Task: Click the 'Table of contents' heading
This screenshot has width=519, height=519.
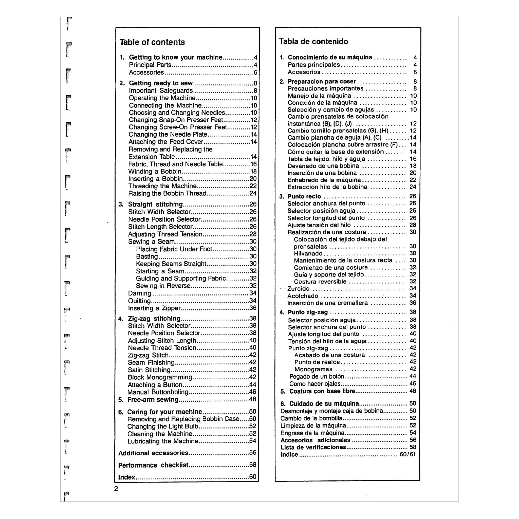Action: (152, 42)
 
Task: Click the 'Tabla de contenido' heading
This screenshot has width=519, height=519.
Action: (313, 41)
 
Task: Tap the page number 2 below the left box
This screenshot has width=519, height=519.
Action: (116, 489)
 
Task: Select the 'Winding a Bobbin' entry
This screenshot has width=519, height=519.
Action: (155, 171)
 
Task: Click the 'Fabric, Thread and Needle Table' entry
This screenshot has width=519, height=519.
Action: (175, 164)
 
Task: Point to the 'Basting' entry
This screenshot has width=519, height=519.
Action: (147, 256)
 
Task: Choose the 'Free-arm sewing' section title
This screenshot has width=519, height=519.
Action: (153, 399)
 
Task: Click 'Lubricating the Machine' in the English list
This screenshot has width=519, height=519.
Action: (162, 441)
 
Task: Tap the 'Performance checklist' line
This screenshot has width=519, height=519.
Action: (153, 465)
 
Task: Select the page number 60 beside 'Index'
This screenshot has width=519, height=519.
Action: (252, 477)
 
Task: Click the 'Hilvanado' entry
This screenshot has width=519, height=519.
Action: (308, 254)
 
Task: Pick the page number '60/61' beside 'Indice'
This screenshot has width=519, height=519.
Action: (407, 455)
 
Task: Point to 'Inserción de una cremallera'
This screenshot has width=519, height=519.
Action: (327, 303)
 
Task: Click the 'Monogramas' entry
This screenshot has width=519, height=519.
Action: (313, 369)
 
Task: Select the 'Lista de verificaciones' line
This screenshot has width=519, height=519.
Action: (313, 447)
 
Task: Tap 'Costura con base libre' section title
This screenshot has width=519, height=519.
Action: (322, 391)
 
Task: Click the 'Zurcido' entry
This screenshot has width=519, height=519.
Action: (298, 289)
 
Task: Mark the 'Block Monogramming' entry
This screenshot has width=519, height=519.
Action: (160, 377)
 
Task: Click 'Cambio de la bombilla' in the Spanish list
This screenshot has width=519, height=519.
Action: (311, 418)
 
